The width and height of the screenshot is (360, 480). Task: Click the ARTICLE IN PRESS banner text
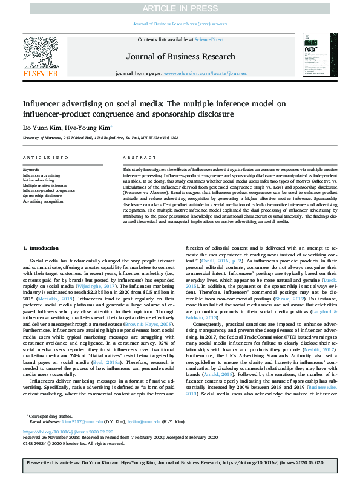pyautogui.click(x=180, y=8)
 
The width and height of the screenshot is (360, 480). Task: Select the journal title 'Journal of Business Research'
pyautogui.click(x=180, y=57)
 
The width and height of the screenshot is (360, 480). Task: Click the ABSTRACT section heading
pyautogui.click(x=135, y=158)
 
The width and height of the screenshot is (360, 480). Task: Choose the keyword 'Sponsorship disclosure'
pyautogui.click(x=42, y=196)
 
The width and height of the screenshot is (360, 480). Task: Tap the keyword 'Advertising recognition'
pyautogui.click(x=43, y=201)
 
